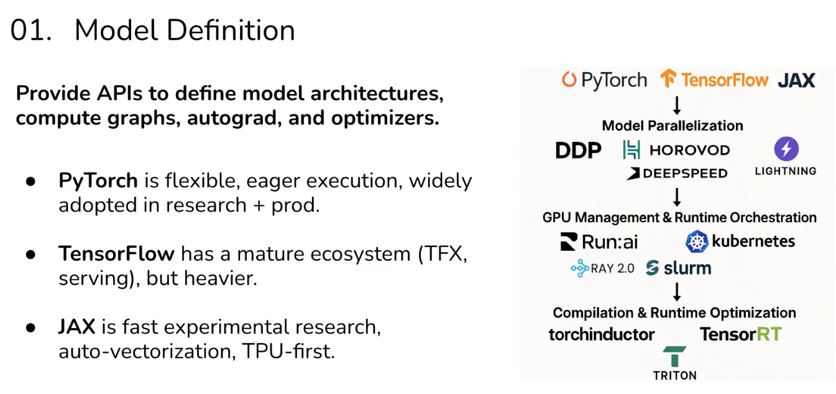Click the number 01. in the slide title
coord(31,31)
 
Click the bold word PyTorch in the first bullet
coord(98,181)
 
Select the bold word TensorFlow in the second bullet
coord(116,254)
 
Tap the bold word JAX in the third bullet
coord(76,327)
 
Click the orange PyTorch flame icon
coord(569,80)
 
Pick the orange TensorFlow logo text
coord(725,80)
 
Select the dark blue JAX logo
coord(796,80)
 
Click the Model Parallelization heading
coord(673,125)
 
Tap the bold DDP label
coord(578,150)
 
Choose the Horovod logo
coord(676,150)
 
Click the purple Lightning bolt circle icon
coord(786,149)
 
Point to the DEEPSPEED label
coord(677,174)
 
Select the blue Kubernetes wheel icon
coord(697,242)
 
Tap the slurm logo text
coord(686,268)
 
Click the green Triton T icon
coord(674,357)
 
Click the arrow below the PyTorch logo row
coord(678,103)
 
